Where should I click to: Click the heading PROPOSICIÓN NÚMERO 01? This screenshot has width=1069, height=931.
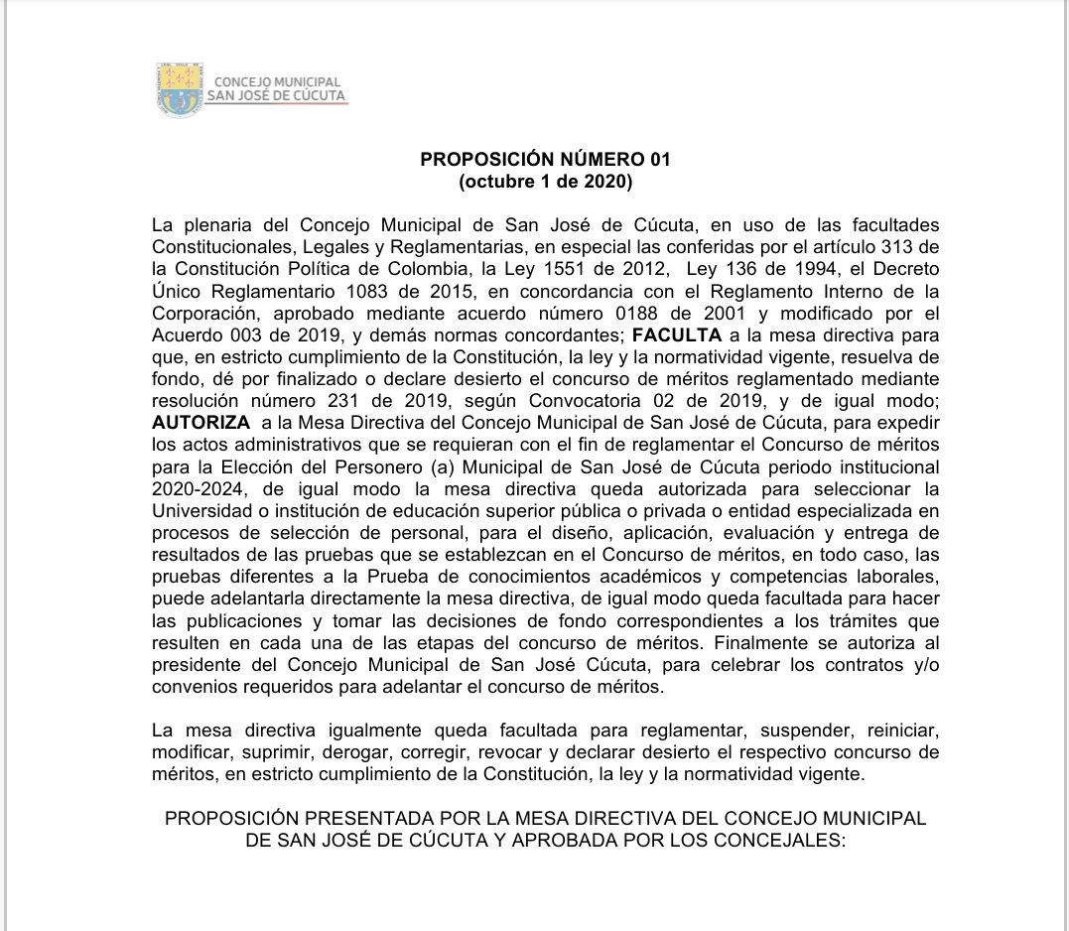tap(545, 159)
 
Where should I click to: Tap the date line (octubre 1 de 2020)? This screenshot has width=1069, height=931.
tap(545, 182)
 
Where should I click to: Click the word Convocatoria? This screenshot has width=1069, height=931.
tap(584, 402)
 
